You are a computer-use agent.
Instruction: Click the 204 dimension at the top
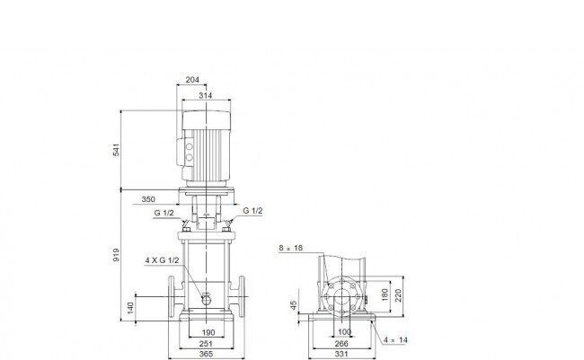point(192,80)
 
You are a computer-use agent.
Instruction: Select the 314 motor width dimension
point(205,95)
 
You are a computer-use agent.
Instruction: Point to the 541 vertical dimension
point(117,149)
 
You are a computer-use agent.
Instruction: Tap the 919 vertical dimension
point(117,255)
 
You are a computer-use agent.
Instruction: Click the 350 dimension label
point(148,199)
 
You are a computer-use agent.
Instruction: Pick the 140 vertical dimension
point(130,308)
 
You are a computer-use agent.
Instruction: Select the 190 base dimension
point(208,332)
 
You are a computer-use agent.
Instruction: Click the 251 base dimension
point(206,344)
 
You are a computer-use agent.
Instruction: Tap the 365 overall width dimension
point(206,354)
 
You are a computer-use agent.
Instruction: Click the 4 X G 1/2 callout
point(162,260)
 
